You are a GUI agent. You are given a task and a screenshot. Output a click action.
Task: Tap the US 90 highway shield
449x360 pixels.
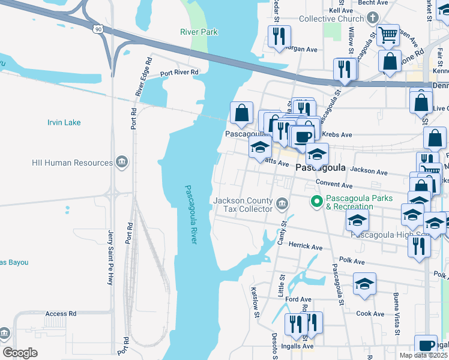[98, 28]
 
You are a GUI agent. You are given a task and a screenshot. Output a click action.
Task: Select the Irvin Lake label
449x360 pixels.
[64, 122]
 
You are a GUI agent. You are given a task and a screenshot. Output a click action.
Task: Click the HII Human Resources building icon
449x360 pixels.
[122, 162]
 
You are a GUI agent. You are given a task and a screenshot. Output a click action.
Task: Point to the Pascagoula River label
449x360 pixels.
[190, 214]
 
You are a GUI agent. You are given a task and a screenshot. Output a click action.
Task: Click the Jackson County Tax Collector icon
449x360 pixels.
[280, 206]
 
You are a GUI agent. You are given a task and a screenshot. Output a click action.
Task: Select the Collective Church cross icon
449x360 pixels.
[373, 18]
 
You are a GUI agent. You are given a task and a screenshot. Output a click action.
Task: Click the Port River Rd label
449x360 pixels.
[179, 73]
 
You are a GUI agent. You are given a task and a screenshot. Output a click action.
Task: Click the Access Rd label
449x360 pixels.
[61, 314]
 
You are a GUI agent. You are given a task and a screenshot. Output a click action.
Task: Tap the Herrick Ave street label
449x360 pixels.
[306, 247]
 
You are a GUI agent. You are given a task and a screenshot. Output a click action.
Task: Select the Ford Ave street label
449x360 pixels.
[298, 299]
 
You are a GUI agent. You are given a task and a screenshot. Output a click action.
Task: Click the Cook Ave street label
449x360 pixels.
[370, 314]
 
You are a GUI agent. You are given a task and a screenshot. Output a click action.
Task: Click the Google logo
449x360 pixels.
[20, 353]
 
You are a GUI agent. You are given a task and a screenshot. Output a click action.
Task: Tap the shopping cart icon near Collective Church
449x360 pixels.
[388, 35]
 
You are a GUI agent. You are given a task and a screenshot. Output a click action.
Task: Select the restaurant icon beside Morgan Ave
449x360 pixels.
[279, 37]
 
